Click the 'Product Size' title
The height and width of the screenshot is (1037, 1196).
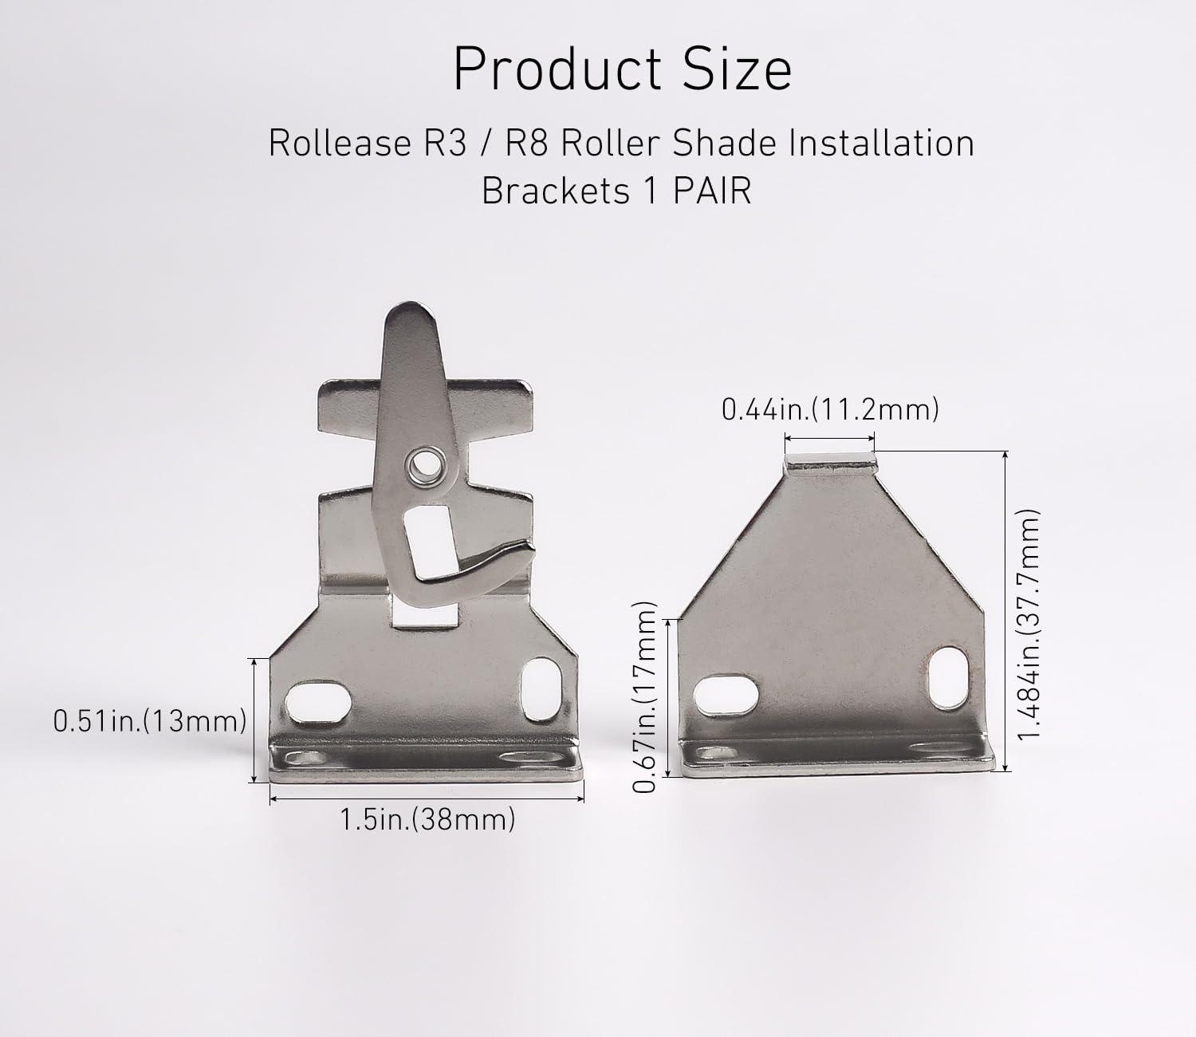(x=622, y=70)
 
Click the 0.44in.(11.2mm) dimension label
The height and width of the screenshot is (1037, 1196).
(x=830, y=410)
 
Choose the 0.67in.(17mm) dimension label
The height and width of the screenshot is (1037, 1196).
(x=644, y=696)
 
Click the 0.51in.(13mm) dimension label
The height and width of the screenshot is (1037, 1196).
(x=149, y=721)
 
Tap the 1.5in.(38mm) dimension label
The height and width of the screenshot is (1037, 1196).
(x=427, y=819)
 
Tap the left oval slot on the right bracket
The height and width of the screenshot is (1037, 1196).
(x=726, y=699)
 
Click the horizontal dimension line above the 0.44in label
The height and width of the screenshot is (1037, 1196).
(x=830, y=437)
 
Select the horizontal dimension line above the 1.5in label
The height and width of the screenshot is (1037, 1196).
(x=427, y=798)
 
